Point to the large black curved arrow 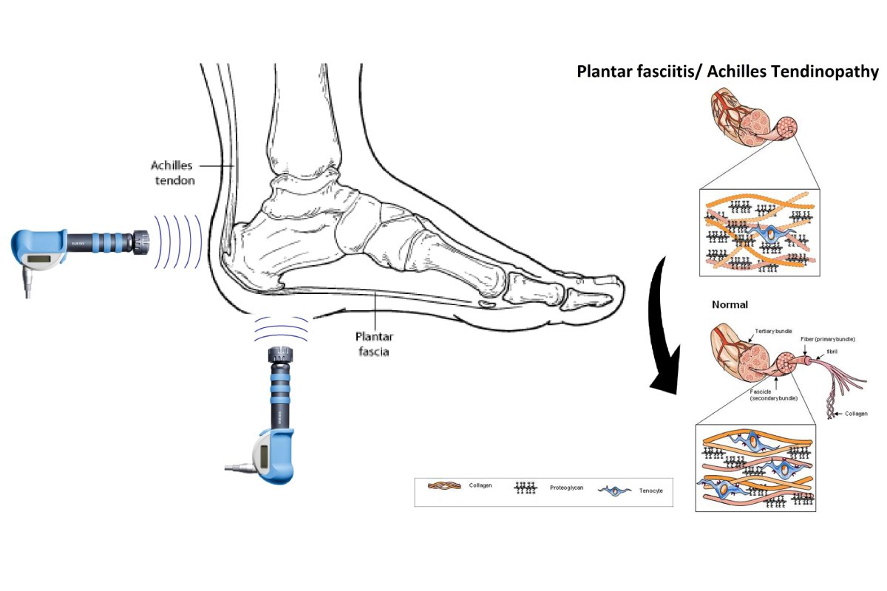670,325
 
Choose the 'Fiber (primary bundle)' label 828,339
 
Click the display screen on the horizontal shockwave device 41,259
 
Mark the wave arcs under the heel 281,329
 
